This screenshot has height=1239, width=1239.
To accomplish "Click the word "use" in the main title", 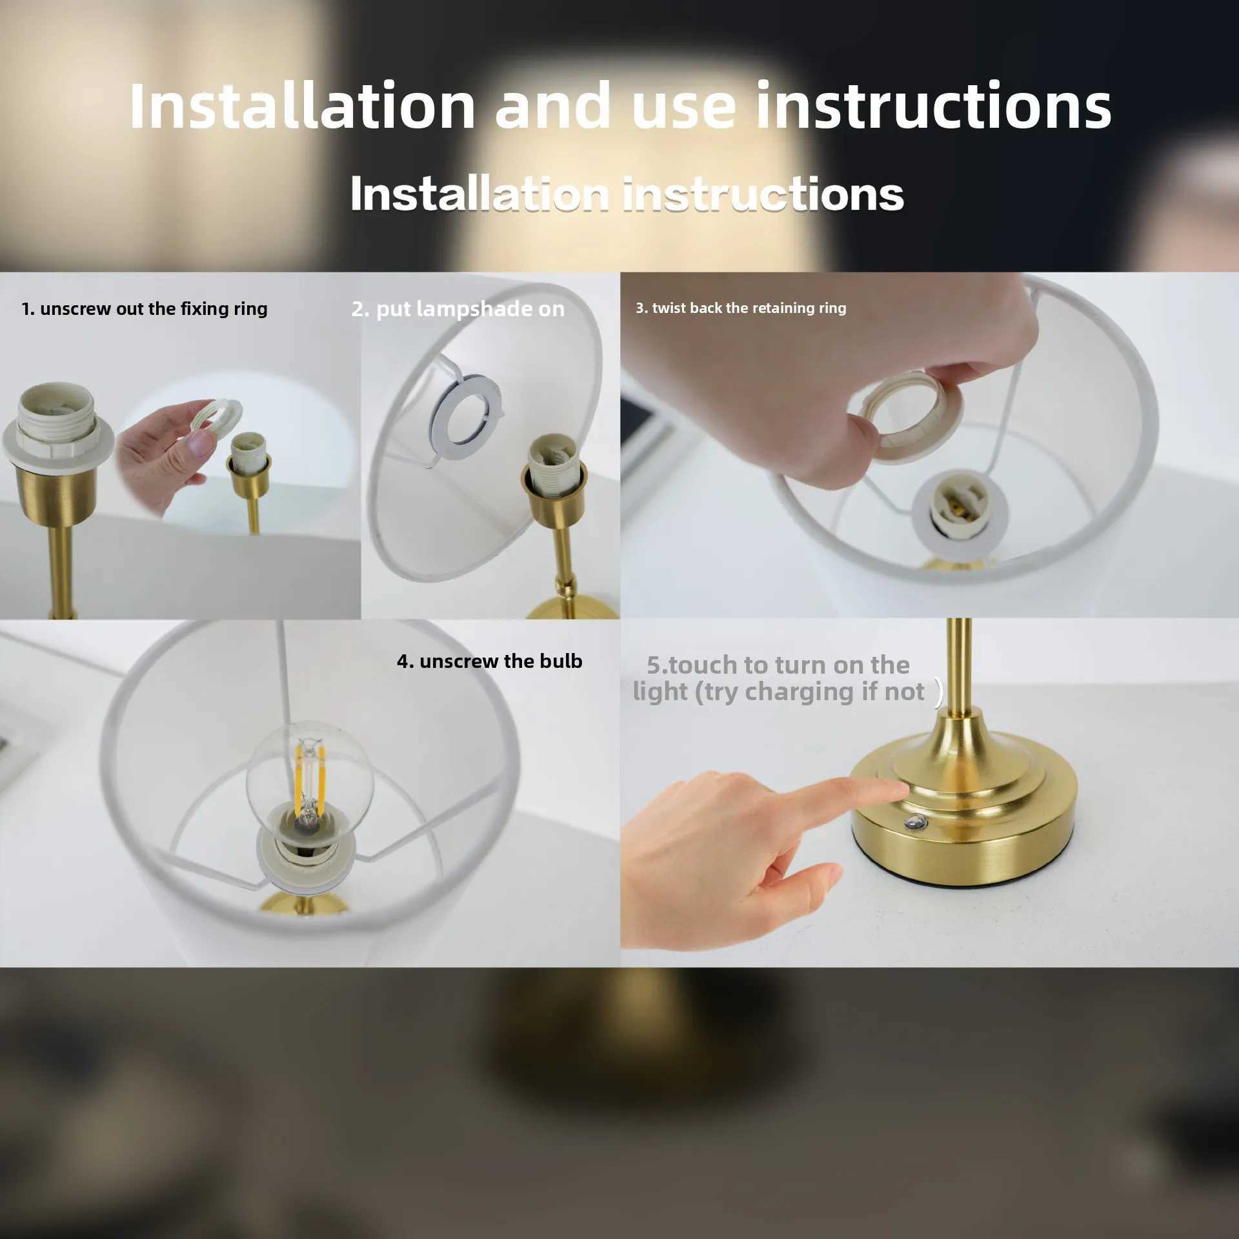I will pos(684,106).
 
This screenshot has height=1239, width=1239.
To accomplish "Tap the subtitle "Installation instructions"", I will pos(626,194).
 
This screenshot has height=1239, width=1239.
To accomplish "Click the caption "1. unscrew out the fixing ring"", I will pos(144,308).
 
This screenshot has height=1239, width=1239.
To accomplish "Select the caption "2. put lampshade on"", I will pos(458,309).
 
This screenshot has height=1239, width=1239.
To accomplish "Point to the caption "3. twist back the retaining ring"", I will pos(740,308).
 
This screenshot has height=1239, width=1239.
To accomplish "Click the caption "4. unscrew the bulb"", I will pos(489,661).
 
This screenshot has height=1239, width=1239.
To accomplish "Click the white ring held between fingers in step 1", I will pos(217,420).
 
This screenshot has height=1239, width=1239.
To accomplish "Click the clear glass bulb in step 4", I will pos(310,774).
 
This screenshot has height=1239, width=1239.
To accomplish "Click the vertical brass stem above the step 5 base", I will pos(959,665).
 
